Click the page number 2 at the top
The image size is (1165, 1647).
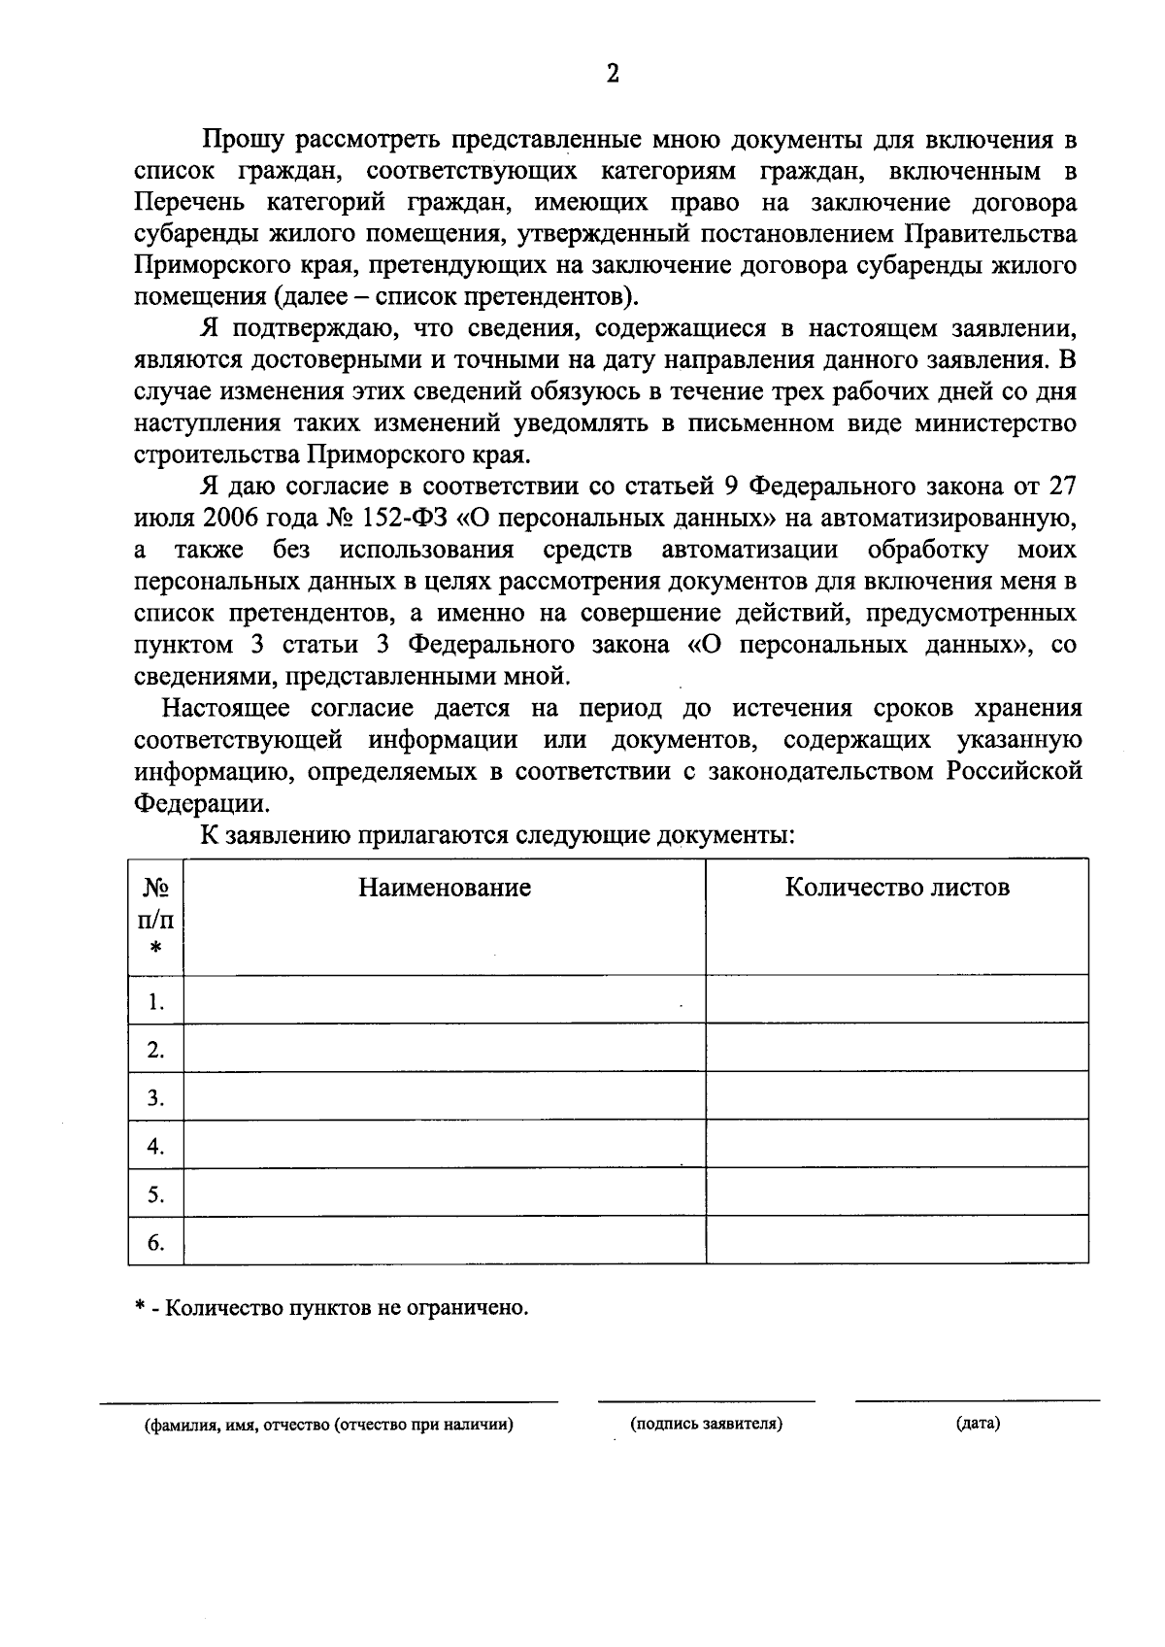pyautogui.click(x=612, y=75)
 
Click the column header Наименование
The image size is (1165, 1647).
pyautogui.click(x=445, y=888)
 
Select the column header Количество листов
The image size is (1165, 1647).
pyautogui.click(x=897, y=888)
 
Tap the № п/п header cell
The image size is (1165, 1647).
pyautogui.click(x=155, y=917)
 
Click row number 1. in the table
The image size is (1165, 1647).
pyautogui.click(x=155, y=1001)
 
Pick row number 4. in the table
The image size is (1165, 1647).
pyautogui.click(x=155, y=1147)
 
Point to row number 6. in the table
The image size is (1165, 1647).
pyautogui.click(x=155, y=1243)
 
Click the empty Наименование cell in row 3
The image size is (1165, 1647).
pyautogui.click(x=445, y=1097)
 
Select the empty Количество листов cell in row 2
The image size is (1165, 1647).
pyautogui.click(x=897, y=1049)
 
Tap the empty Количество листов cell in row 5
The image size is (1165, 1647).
pyautogui.click(x=897, y=1193)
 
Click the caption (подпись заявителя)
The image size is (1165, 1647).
pyautogui.click(x=706, y=1425)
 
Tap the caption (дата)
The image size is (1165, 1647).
pyautogui.click(x=977, y=1425)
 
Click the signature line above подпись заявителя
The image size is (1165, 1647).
pyautogui.click(x=706, y=1401)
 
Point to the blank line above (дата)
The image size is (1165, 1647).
pyautogui.click(x=977, y=1400)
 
